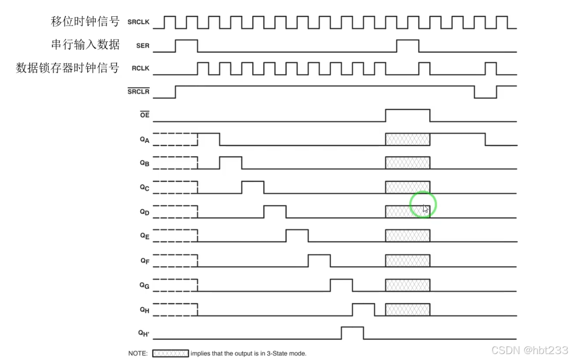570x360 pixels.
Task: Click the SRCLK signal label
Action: click(x=138, y=22)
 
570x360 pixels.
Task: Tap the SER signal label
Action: click(x=142, y=46)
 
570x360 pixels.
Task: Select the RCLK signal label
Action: click(x=140, y=69)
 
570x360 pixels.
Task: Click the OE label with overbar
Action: click(x=144, y=115)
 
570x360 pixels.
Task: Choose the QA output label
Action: click(x=144, y=140)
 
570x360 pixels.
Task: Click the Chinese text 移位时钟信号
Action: click(x=85, y=22)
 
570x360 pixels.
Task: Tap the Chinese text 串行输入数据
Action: click(x=85, y=45)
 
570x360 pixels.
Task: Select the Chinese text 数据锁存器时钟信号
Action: click(x=68, y=68)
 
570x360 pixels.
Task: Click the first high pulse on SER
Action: click(x=186, y=45)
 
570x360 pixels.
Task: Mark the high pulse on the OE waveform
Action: click(x=407, y=115)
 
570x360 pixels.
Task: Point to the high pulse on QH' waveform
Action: click(x=352, y=333)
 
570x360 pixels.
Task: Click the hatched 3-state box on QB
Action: click(x=407, y=163)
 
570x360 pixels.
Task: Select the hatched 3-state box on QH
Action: click(x=407, y=310)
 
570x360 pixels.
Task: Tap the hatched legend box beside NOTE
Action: click(x=170, y=354)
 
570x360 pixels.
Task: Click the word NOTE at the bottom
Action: click(x=137, y=354)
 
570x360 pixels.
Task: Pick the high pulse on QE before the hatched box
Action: click(x=297, y=235)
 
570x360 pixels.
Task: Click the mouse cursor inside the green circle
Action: click(x=425, y=208)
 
